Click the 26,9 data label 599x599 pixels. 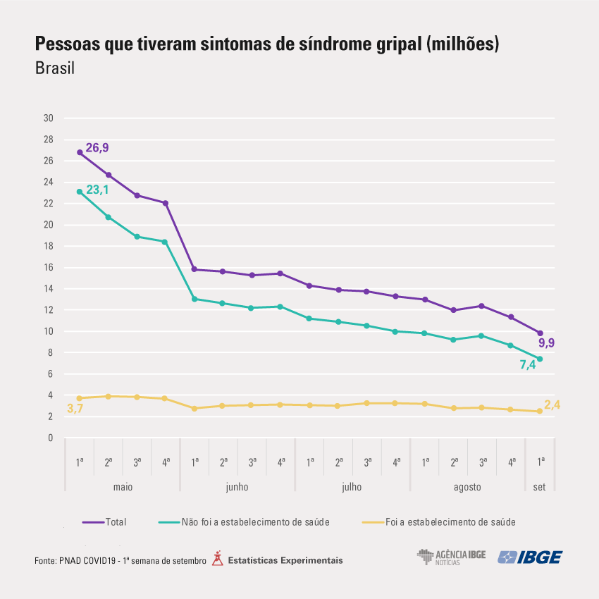[x=97, y=148]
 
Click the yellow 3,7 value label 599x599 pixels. [x=75, y=409]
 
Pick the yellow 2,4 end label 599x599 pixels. [x=552, y=405]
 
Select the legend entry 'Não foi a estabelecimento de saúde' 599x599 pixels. [x=255, y=522]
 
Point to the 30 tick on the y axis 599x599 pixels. [x=49, y=118]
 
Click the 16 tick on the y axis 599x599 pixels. [x=49, y=268]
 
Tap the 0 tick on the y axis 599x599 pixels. [x=51, y=438]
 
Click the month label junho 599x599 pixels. [x=237, y=487]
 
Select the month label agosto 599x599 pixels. [x=467, y=487]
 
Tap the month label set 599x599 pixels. [x=540, y=487]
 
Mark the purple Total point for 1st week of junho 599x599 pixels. [x=194, y=269]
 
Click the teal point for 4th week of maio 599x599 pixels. [x=166, y=242]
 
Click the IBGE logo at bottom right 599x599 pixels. [x=530, y=557]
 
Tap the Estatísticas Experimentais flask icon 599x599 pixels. [x=217, y=559]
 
